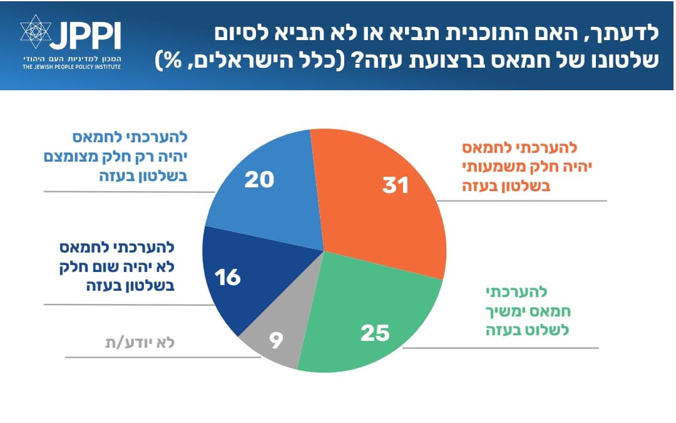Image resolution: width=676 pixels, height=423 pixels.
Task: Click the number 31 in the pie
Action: click(x=396, y=185)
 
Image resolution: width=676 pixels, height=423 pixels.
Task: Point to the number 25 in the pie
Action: click(x=375, y=333)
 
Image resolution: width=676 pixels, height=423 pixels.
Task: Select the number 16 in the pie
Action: click(x=227, y=277)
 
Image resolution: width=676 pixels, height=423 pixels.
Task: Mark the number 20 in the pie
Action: click(x=259, y=180)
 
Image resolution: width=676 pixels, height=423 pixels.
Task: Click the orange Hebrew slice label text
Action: click(x=519, y=167)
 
